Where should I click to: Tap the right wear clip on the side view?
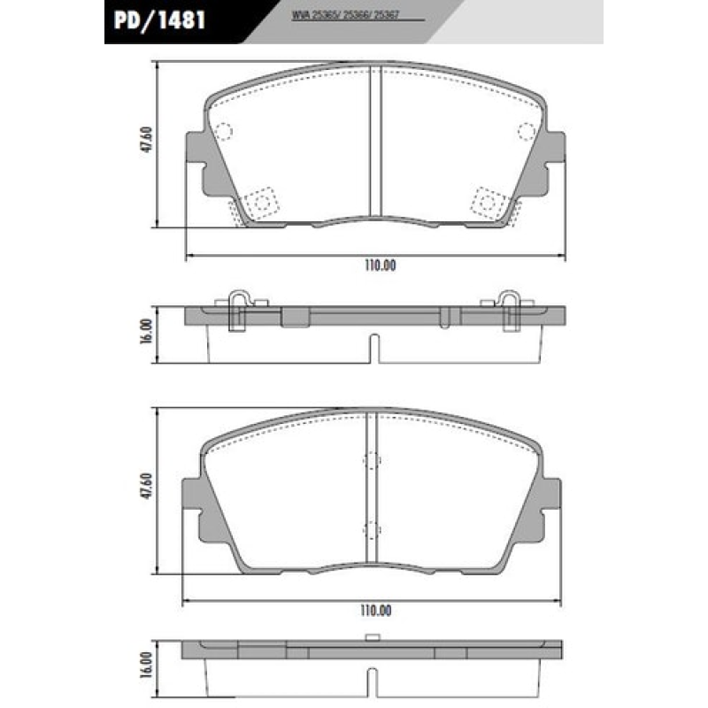[x=510, y=309]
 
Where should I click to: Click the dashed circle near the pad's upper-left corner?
[x=222, y=133]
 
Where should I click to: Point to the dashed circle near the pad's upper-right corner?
[x=526, y=133]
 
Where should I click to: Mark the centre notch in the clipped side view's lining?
[x=374, y=346]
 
